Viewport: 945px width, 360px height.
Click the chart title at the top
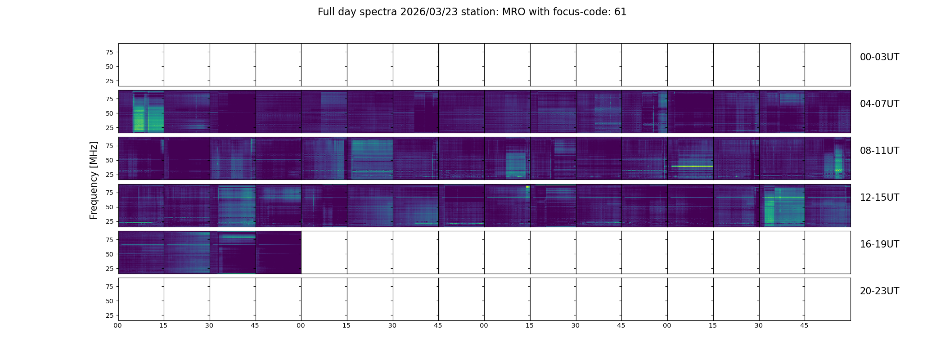pos(472,12)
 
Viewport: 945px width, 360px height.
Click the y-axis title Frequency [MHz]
pos(94,180)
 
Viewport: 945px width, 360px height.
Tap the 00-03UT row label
pos(879,57)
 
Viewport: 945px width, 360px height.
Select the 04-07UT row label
pos(879,104)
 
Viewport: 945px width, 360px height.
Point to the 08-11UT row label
pos(879,151)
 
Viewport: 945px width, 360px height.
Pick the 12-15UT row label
pos(879,198)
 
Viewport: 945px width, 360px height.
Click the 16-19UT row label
pos(879,244)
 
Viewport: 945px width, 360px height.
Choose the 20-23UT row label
pos(879,291)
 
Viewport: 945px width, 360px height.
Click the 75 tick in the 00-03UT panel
pos(109,52)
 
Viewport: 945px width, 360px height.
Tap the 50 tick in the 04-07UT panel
pos(109,113)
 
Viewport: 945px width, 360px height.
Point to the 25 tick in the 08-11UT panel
pos(109,175)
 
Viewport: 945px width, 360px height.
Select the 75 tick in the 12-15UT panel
pos(109,193)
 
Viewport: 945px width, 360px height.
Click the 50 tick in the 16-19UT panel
pos(109,254)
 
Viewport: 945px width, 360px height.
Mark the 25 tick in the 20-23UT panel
pos(109,315)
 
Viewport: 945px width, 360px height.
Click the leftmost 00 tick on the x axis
pos(118,325)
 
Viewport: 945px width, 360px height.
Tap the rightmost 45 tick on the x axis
pos(804,325)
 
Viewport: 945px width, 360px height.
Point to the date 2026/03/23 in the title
pos(429,12)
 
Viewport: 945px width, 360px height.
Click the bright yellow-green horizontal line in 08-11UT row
pos(691,166)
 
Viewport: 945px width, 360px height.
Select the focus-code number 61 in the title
pos(620,12)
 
